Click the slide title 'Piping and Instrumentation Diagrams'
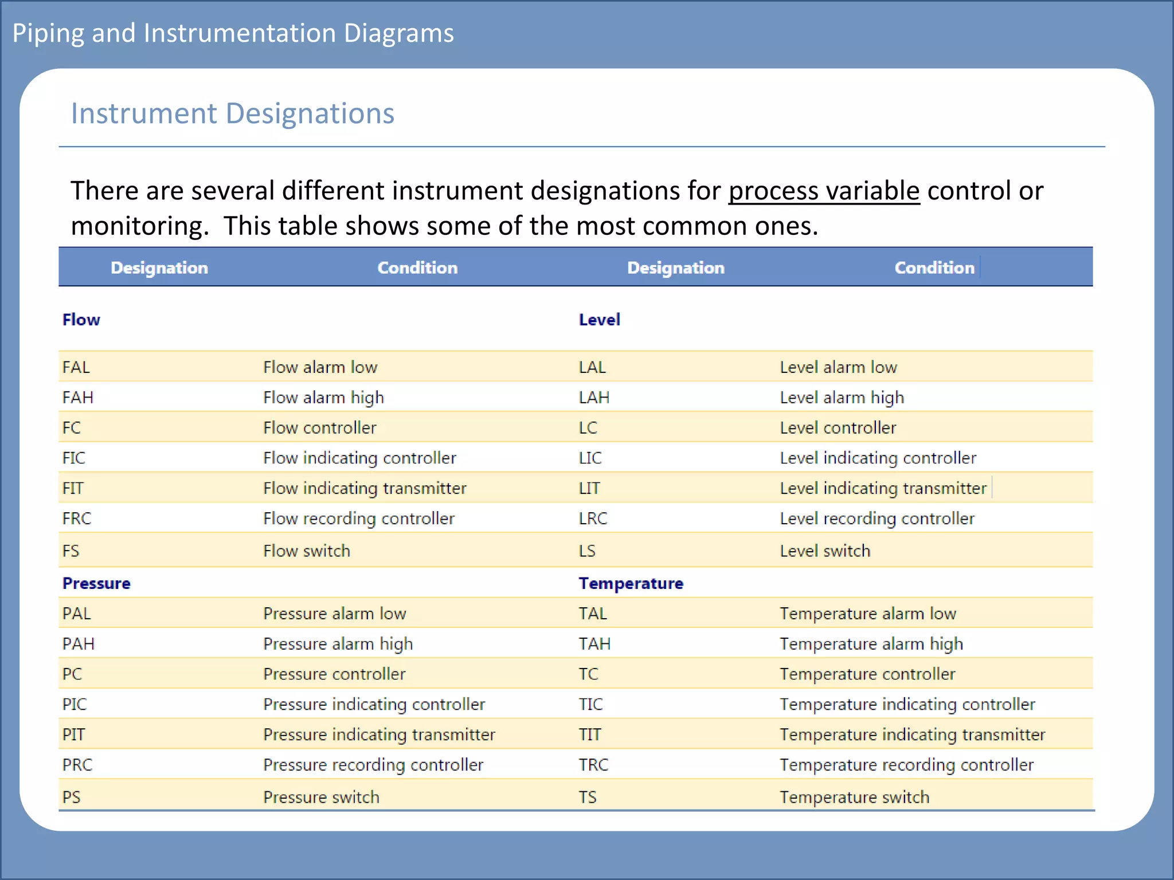[233, 33]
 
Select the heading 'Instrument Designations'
[232, 113]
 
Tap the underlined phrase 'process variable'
[824, 191]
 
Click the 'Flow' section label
[81, 320]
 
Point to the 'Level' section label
[599, 320]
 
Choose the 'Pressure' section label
[96, 583]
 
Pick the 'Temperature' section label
[631, 583]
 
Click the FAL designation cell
[76, 367]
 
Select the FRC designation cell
[77, 518]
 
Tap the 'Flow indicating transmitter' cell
[365, 488]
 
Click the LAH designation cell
[594, 398]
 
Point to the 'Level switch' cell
[825, 551]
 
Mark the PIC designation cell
[75, 704]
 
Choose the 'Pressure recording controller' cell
[373, 765]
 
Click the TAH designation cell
[594, 644]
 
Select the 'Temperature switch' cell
[854, 797]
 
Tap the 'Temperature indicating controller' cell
[907, 704]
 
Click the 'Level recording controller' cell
[876, 518]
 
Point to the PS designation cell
[72, 797]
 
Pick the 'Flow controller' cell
[320, 428]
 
